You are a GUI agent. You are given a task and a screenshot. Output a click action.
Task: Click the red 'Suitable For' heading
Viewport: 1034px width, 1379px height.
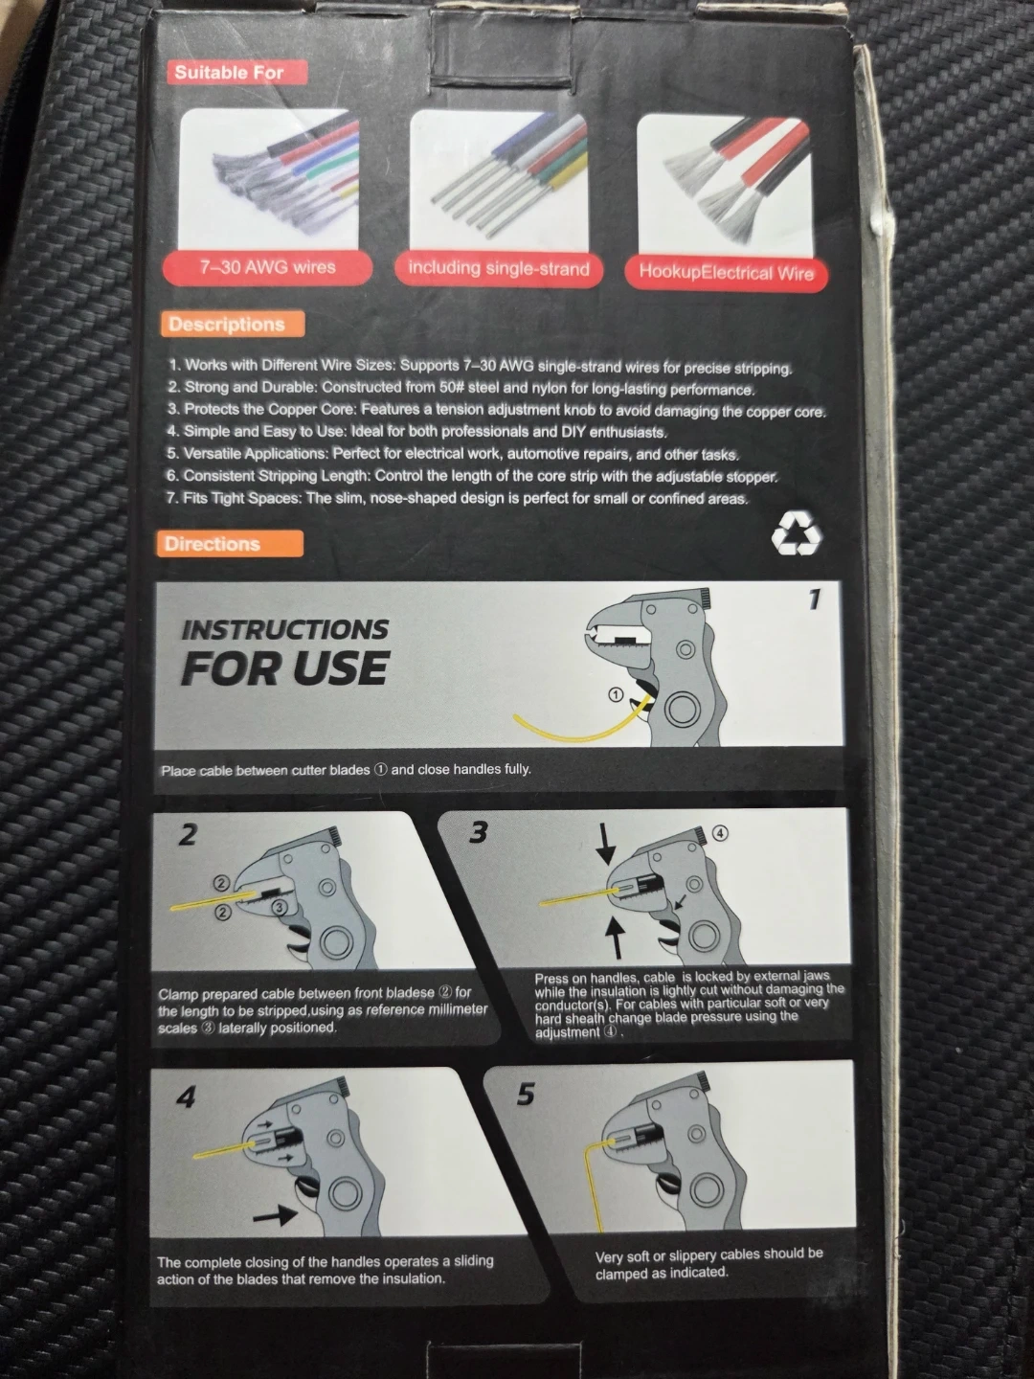pos(236,72)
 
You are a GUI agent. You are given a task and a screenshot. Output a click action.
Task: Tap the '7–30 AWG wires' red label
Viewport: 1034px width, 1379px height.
pos(267,267)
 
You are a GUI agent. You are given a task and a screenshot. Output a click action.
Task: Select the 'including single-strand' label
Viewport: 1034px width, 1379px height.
pos(499,269)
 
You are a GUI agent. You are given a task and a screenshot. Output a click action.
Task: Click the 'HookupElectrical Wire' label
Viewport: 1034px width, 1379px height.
pos(726,273)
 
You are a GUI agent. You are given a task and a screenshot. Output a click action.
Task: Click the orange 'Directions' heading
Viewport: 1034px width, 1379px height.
pos(230,543)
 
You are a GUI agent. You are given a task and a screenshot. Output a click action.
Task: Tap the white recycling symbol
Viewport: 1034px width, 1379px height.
pos(796,532)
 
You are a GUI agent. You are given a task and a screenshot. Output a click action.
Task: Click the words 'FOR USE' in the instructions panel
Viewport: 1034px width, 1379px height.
pos(284,667)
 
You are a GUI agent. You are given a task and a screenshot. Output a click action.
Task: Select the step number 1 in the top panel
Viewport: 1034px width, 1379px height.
pos(814,599)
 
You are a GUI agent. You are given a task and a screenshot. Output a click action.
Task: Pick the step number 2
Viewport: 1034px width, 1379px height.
pos(188,834)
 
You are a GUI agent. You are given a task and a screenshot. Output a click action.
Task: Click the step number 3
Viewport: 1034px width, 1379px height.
pos(478,832)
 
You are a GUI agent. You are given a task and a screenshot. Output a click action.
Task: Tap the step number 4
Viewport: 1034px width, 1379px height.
pos(186,1097)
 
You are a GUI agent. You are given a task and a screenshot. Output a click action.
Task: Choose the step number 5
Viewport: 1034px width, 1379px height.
pos(527,1094)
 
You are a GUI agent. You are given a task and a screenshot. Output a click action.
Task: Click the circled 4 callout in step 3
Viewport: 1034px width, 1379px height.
pos(719,833)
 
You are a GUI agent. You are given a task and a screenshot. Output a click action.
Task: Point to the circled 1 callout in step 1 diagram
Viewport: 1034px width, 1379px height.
pos(616,695)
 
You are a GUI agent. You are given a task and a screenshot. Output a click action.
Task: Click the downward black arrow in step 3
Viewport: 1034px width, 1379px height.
pos(605,845)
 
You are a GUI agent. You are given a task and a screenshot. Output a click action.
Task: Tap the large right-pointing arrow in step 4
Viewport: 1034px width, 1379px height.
pos(275,1215)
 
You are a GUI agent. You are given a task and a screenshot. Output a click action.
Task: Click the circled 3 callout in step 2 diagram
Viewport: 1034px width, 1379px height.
pos(280,907)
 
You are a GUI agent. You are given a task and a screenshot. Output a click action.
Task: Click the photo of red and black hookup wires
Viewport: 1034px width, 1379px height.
pos(725,186)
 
